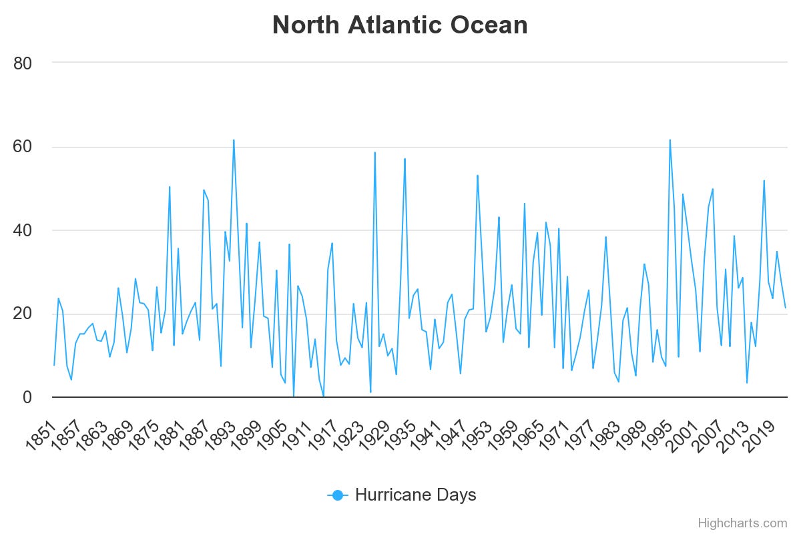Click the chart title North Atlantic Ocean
[x=400, y=25]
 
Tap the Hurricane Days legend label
[x=415, y=495]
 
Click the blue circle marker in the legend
[x=337, y=495]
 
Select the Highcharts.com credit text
[x=742, y=523]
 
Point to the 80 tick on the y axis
[x=23, y=63]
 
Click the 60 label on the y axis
[x=23, y=147]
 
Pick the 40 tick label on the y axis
[x=23, y=230]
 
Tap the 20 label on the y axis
[x=23, y=314]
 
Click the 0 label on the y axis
[x=27, y=397]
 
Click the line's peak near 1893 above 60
[x=234, y=140]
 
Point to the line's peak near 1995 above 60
[x=670, y=140]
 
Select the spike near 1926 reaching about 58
[x=374, y=153]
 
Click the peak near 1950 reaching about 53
[x=477, y=176]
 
